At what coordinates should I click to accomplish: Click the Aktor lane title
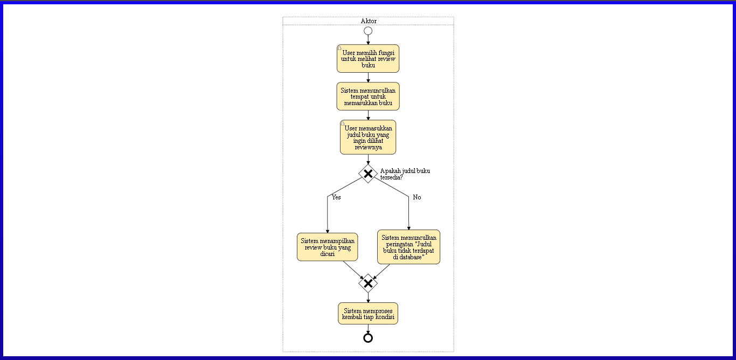(x=369, y=21)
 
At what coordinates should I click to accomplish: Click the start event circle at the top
(x=368, y=31)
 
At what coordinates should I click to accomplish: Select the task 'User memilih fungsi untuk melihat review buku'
(x=368, y=58)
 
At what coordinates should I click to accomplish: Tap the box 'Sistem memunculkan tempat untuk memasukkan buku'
(x=368, y=96)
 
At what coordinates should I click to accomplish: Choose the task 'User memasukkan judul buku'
(x=368, y=137)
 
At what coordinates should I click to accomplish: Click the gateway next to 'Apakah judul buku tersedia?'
(x=368, y=174)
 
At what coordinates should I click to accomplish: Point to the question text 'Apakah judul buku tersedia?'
(x=404, y=174)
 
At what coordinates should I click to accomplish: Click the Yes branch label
(x=336, y=197)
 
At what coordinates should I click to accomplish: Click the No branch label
(x=417, y=197)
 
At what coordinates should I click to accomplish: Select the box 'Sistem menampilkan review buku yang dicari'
(x=328, y=247)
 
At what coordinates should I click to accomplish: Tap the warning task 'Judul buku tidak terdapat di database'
(x=408, y=247)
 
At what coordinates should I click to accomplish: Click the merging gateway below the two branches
(x=368, y=283)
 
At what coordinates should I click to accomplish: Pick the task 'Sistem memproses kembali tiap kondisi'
(x=368, y=314)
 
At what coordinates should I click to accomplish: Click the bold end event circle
(x=368, y=338)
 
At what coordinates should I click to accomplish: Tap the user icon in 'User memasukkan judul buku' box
(x=343, y=123)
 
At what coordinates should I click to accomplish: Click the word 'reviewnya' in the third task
(x=368, y=147)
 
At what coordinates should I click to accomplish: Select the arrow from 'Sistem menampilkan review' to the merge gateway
(x=352, y=269)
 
